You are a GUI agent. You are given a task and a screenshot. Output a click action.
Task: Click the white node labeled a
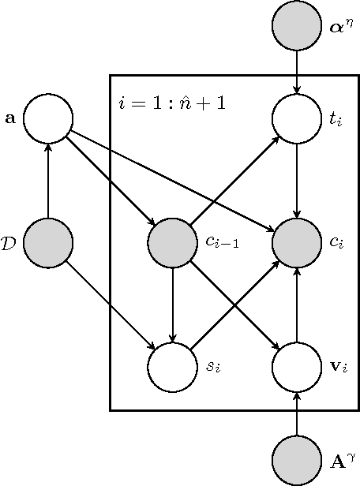48,119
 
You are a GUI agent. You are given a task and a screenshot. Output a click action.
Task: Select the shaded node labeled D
48,243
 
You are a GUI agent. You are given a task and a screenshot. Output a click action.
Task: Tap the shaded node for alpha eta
297,26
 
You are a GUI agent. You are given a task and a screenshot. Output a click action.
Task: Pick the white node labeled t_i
297,119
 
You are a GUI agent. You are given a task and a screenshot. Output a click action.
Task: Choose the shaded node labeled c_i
297,243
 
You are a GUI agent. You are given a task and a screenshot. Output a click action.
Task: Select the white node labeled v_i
297,367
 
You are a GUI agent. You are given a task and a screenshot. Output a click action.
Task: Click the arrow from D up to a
48,181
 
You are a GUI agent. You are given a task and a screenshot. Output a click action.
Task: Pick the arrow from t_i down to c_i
297,181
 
